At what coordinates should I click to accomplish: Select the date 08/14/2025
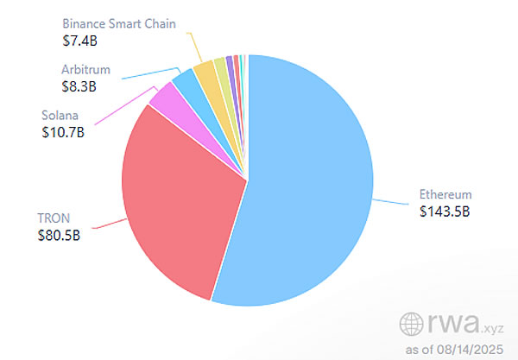(x=474, y=349)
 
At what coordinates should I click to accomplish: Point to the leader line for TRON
(x=108, y=225)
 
